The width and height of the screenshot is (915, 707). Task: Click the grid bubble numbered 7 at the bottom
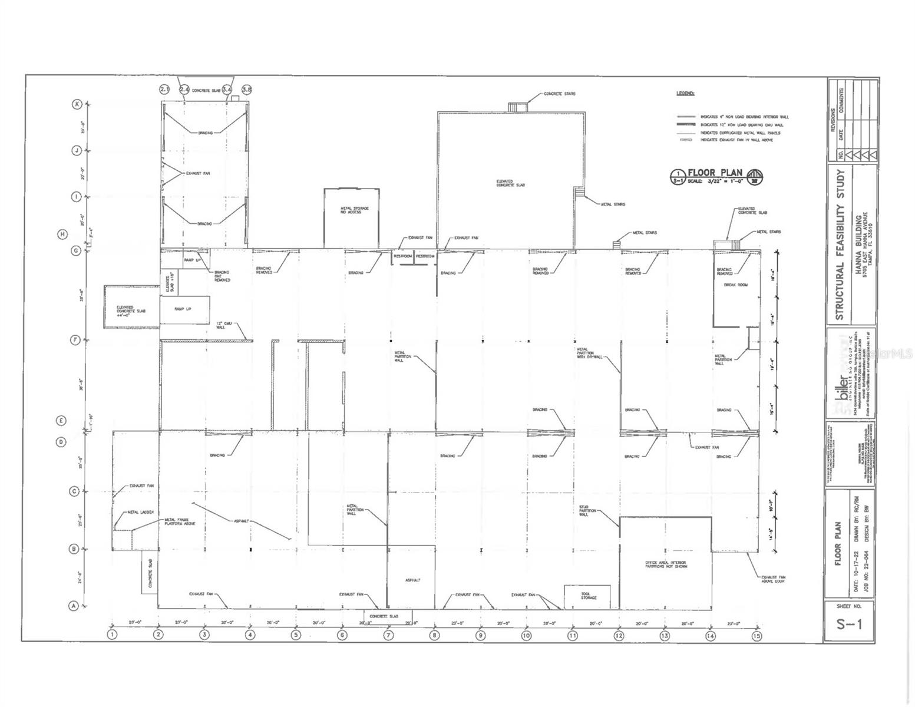tap(388, 635)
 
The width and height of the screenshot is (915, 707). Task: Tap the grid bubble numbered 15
tap(757, 635)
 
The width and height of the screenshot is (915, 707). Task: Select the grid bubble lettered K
tap(76, 104)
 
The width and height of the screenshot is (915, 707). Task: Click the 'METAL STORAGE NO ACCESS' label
tap(351, 210)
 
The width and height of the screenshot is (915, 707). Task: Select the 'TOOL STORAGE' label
tap(588, 595)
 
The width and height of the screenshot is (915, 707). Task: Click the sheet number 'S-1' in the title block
tap(849, 624)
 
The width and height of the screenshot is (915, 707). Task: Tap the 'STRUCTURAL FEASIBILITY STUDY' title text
tap(840, 245)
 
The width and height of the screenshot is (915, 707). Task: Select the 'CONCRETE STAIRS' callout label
tap(559, 94)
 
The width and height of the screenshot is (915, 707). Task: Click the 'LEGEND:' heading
tap(685, 94)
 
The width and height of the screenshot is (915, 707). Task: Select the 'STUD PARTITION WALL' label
tap(584, 510)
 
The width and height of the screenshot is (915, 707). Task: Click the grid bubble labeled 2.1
tap(165, 90)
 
